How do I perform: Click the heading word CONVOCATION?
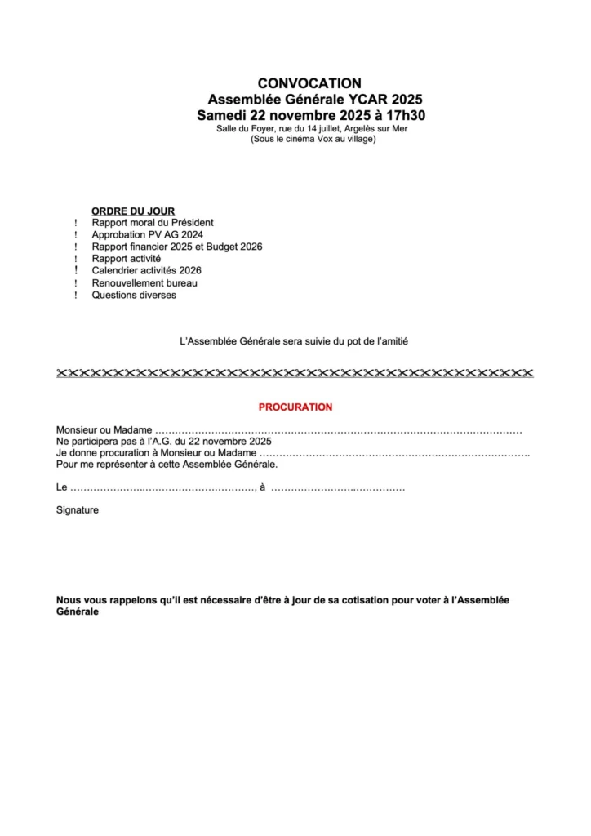pyautogui.click(x=309, y=82)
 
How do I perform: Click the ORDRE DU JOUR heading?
pyautogui.click(x=133, y=211)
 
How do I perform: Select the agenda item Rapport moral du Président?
pyautogui.click(x=153, y=222)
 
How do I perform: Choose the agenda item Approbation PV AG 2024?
pyautogui.click(x=147, y=234)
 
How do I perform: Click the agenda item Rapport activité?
pyautogui.click(x=126, y=258)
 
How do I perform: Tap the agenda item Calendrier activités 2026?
pyautogui.click(x=146, y=270)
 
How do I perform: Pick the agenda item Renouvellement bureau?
pyautogui.click(x=144, y=282)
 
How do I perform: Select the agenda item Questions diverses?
pyautogui.click(x=134, y=295)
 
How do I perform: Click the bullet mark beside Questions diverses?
pyautogui.click(x=75, y=296)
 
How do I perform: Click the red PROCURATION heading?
pyautogui.click(x=295, y=407)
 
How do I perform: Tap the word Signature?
pyautogui.click(x=77, y=509)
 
